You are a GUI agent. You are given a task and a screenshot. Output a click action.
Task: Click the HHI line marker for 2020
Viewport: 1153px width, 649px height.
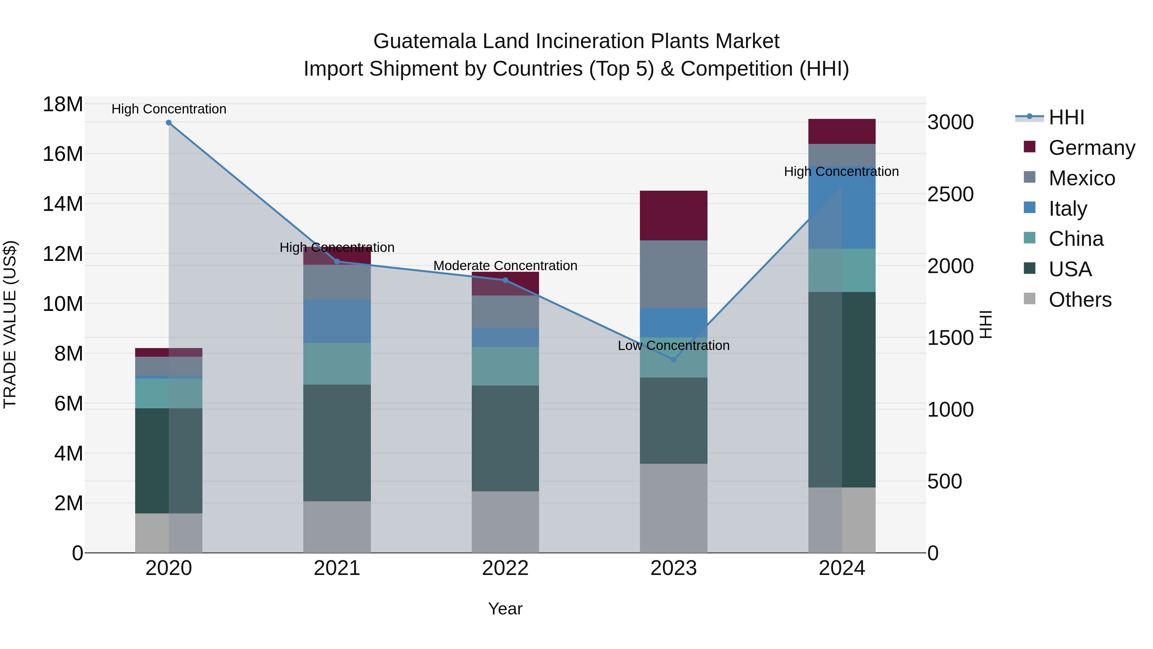click(x=169, y=123)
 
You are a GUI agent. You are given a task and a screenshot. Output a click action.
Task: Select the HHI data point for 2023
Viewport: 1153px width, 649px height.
click(x=674, y=360)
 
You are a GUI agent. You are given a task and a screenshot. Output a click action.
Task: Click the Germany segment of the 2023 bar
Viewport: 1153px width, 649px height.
click(x=674, y=215)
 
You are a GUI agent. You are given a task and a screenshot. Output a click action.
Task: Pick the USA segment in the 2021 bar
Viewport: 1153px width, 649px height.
click(x=337, y=443)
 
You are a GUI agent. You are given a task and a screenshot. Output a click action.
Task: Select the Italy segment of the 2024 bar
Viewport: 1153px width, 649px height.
click(x=842, y=207)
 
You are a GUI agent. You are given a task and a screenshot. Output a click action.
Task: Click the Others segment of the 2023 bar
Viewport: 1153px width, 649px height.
click(x=674, y=508)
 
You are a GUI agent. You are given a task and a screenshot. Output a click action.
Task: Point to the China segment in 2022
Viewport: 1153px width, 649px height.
click(x=505, y=366)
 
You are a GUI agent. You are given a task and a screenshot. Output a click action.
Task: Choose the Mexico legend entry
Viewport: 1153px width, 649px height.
click(x=1081, y=178)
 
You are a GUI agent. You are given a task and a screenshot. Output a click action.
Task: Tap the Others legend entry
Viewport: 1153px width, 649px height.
click(x=1080, y=300)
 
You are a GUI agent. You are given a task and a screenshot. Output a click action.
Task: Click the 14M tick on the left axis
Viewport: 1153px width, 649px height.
click(x=63, y=204)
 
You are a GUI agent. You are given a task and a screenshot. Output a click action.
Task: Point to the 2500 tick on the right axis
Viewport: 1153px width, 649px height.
click(x=950, y=195)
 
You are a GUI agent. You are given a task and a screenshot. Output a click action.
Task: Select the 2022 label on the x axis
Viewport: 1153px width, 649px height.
click(x=505, y=568)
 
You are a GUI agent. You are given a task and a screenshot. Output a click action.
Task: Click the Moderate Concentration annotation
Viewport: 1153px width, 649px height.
click(x=505, y=266)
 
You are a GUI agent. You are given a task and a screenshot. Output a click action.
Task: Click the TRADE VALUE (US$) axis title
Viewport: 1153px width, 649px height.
click(x=10, y=324)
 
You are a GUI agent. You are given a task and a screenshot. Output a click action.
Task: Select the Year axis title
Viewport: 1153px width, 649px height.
click(x=505, y=609)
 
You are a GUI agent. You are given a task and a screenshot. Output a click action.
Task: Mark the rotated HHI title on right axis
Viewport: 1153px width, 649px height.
click(x=986, y=324)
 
